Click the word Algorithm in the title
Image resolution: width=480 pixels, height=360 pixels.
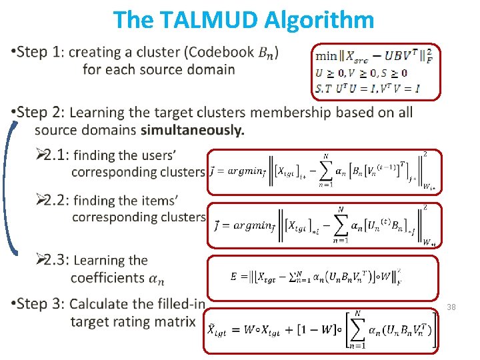tap(319, 20)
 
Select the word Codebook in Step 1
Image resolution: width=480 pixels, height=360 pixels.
tap(223, 52)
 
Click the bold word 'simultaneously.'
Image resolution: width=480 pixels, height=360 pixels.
tap(193, 130)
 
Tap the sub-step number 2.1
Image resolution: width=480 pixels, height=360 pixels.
tap(54, 155)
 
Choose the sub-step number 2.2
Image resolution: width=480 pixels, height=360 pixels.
tap(54, 200)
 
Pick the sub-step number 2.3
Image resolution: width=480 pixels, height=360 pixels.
tap(54, 260)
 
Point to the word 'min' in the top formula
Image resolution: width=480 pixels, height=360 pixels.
tap(327, 56)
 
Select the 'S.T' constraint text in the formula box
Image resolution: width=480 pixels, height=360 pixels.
tap(324, 87)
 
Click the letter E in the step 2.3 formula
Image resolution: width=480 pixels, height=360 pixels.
tap(233, 275)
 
